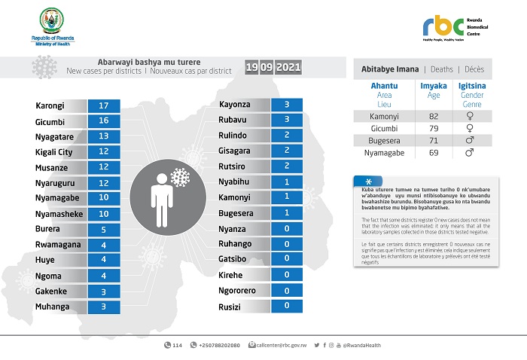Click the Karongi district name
tap(50, 106)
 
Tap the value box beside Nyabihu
tap(287, 182)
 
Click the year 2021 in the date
tap(289, 68)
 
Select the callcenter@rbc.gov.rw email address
tap(281, 345)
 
